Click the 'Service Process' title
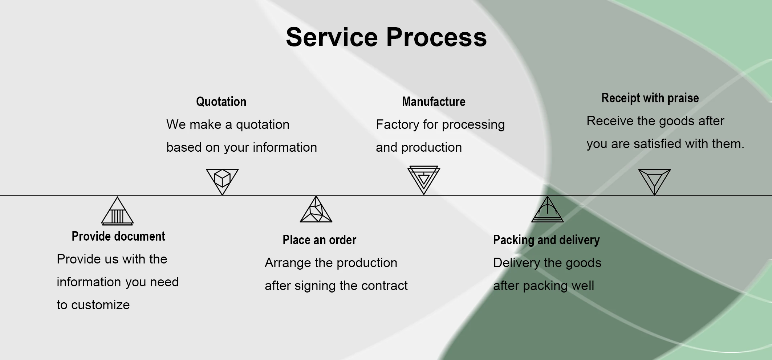coord(386,37)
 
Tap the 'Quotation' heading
coord(221,102)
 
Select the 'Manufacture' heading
coord(434,102)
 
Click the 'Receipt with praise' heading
coord(650,98)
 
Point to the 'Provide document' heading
coord(118,236)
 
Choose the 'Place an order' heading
coord(320,240)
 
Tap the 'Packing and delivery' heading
coord(546,240)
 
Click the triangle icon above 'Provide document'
coord(117,212)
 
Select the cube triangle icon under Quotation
coord(222,180)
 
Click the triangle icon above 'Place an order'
coord(316,210)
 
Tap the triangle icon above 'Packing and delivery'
coord(547,210)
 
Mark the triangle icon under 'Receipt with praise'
coord(654,181)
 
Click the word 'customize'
coord(101,305)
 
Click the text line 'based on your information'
coord(241,147)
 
